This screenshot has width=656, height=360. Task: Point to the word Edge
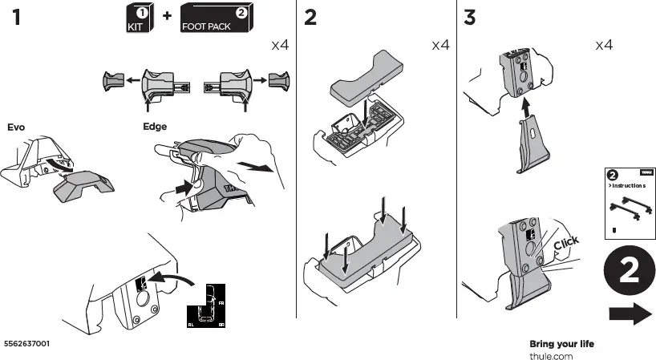coord(155,126)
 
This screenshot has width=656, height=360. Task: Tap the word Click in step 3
coord(565,243)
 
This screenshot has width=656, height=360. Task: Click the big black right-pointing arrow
coord(630,315)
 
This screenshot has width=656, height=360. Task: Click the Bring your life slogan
coord(561,344)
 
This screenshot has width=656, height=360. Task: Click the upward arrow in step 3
coord(525,106)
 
